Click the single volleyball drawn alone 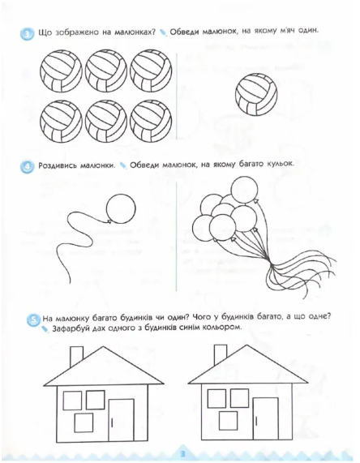pos(256,94)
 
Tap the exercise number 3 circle pos(27,34)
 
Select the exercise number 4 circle pos(28,167)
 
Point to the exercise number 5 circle pos(33,319)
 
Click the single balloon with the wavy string pos(121,208)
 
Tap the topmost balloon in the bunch pos(244,190)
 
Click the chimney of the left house pos(76,356)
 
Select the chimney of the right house pos(221,354)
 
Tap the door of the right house pos(265,418)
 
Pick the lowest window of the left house pos(84,422)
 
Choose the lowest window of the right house pos(228,421)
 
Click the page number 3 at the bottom pos(182,453)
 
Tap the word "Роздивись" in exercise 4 pos(56,165)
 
